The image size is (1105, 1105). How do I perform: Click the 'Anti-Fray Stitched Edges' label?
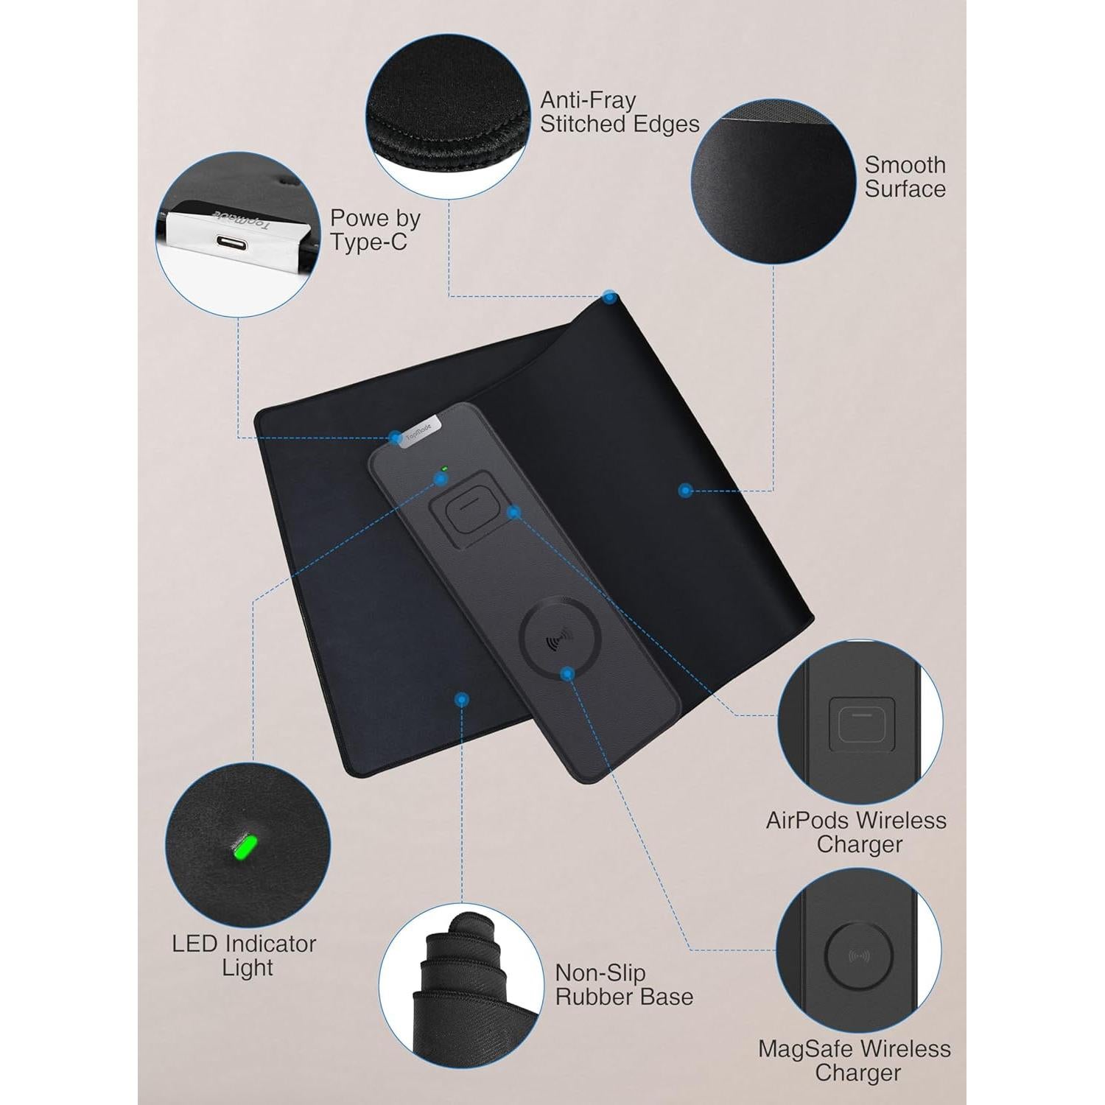620,112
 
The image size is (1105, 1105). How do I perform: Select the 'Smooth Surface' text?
905,177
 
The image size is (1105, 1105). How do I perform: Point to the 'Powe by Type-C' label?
375,230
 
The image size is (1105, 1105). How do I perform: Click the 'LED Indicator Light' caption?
245,955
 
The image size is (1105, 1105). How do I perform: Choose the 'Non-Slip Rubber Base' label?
624,985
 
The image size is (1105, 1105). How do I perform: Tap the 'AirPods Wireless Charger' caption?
857,832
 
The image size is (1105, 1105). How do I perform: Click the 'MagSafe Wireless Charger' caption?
855,1061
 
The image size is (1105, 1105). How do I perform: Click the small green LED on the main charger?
444,469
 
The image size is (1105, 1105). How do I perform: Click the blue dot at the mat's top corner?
609,298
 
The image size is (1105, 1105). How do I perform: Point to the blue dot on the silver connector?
396,437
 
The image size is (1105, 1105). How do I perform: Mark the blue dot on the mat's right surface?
685,490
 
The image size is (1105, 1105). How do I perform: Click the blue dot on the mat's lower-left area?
462,699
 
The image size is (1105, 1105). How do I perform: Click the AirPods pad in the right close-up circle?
862,720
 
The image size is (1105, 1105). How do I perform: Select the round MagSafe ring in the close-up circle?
859,956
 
